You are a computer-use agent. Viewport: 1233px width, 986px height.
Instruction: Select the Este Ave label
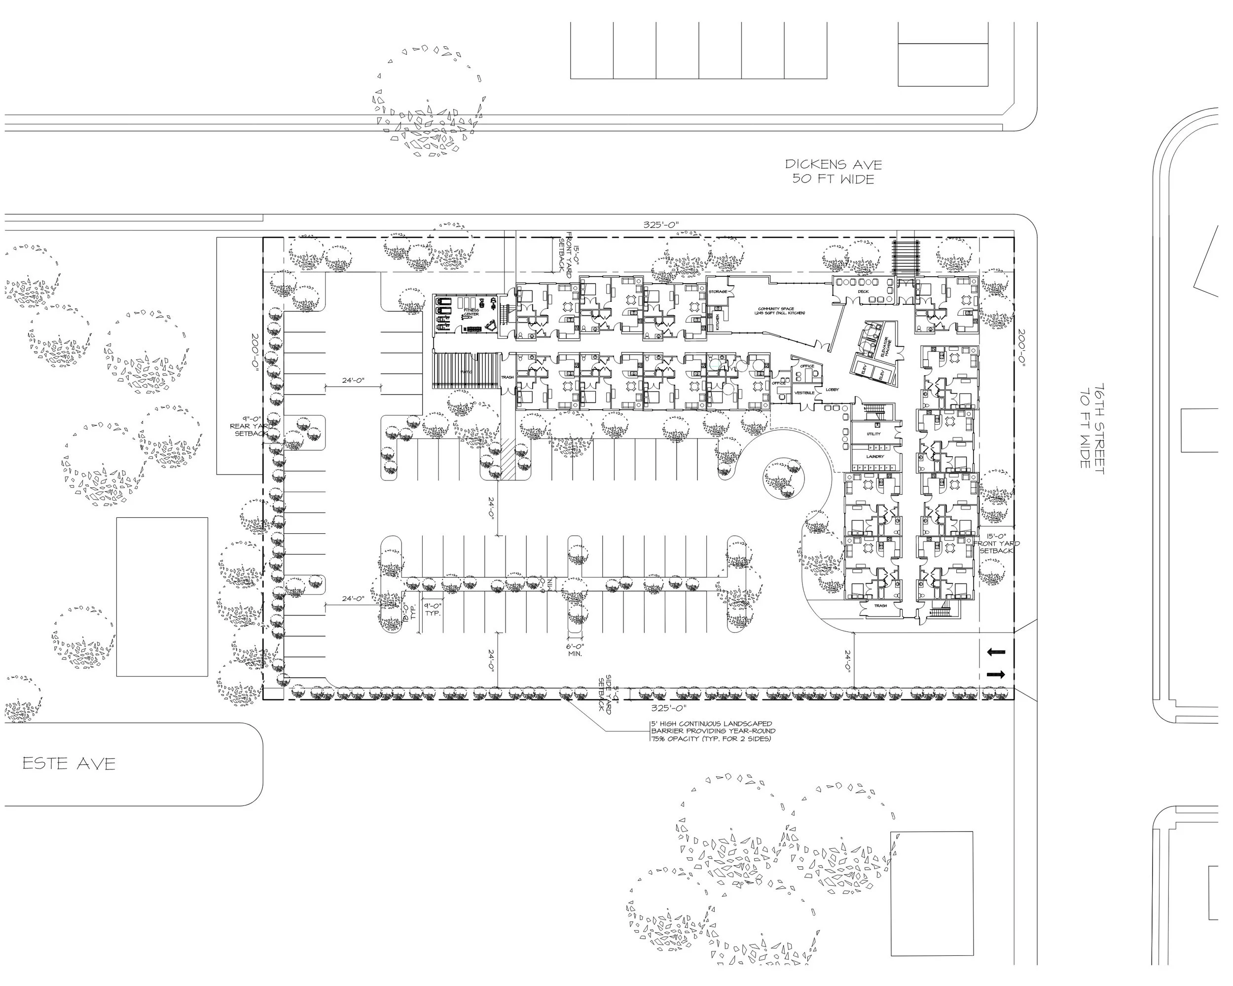click(69, 764)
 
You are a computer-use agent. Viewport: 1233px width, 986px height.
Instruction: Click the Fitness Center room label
click(471, 312)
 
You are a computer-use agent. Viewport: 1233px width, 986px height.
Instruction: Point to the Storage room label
click(718, 292)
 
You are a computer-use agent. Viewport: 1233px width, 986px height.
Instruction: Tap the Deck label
click(863, 292)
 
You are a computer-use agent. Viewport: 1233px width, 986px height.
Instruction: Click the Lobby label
click(832, 390)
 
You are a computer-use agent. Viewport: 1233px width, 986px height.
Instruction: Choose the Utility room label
click(873, 434)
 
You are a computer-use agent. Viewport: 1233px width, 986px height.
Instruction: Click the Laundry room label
click(874, 456)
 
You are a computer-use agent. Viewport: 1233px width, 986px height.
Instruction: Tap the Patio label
click(467, 372)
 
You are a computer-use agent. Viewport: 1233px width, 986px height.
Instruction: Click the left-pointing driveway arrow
click(996, 652)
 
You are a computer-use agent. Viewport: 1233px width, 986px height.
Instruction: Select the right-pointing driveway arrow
click(996, 675)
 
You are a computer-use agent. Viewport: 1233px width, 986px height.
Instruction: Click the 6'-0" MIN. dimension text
click(575, 650)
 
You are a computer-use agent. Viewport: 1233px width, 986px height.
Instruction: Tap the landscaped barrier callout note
click(712, 731)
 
